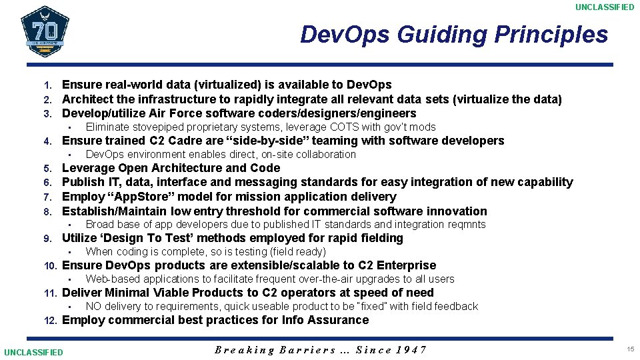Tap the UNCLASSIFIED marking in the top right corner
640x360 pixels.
point(605,7)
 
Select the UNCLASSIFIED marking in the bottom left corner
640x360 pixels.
point(33,352)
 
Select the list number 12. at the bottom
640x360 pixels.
point(51,321)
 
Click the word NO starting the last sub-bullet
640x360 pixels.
point(93,306)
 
